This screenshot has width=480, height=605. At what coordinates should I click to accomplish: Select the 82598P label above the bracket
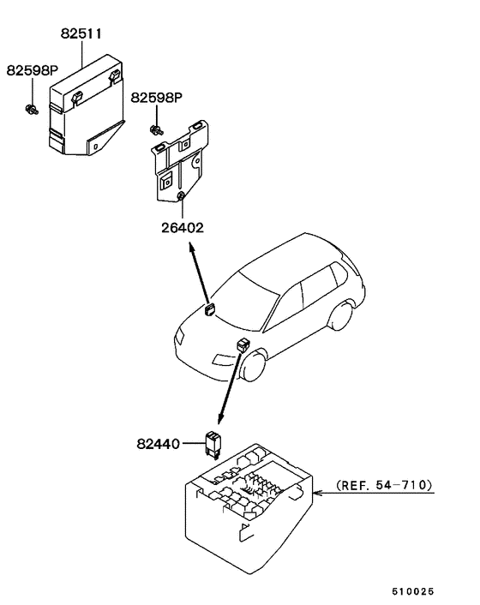coord(157,99)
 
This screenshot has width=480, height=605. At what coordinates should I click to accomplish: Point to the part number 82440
coord(157,444)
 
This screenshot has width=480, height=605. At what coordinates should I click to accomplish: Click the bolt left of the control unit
coord(32,109)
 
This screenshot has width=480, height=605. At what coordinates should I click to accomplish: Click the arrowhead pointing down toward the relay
coord(220,419)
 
